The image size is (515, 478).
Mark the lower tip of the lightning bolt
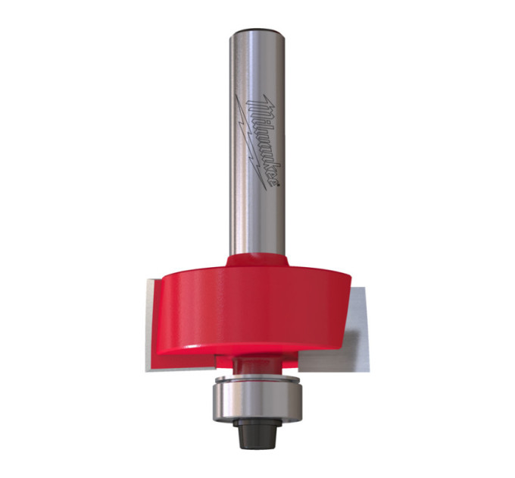[x=265, y=189]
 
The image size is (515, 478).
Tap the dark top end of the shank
[x=257, y=32]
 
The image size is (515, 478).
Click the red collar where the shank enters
[x=257, y=260]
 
